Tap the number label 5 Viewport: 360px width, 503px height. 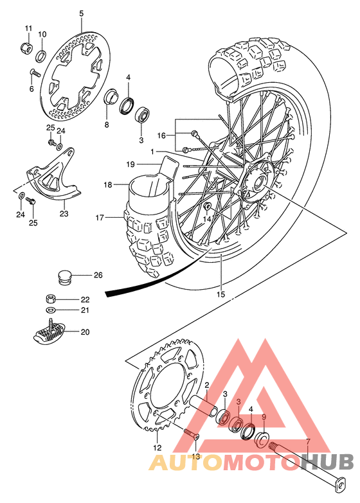click(81, 13)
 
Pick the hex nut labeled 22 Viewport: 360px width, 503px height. click(51, 299)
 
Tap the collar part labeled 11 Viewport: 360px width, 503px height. click(27, 48)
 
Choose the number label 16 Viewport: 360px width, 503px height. click(161, 136)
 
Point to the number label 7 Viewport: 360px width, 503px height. click(307, 442)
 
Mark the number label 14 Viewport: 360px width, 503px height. click(207, 218)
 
